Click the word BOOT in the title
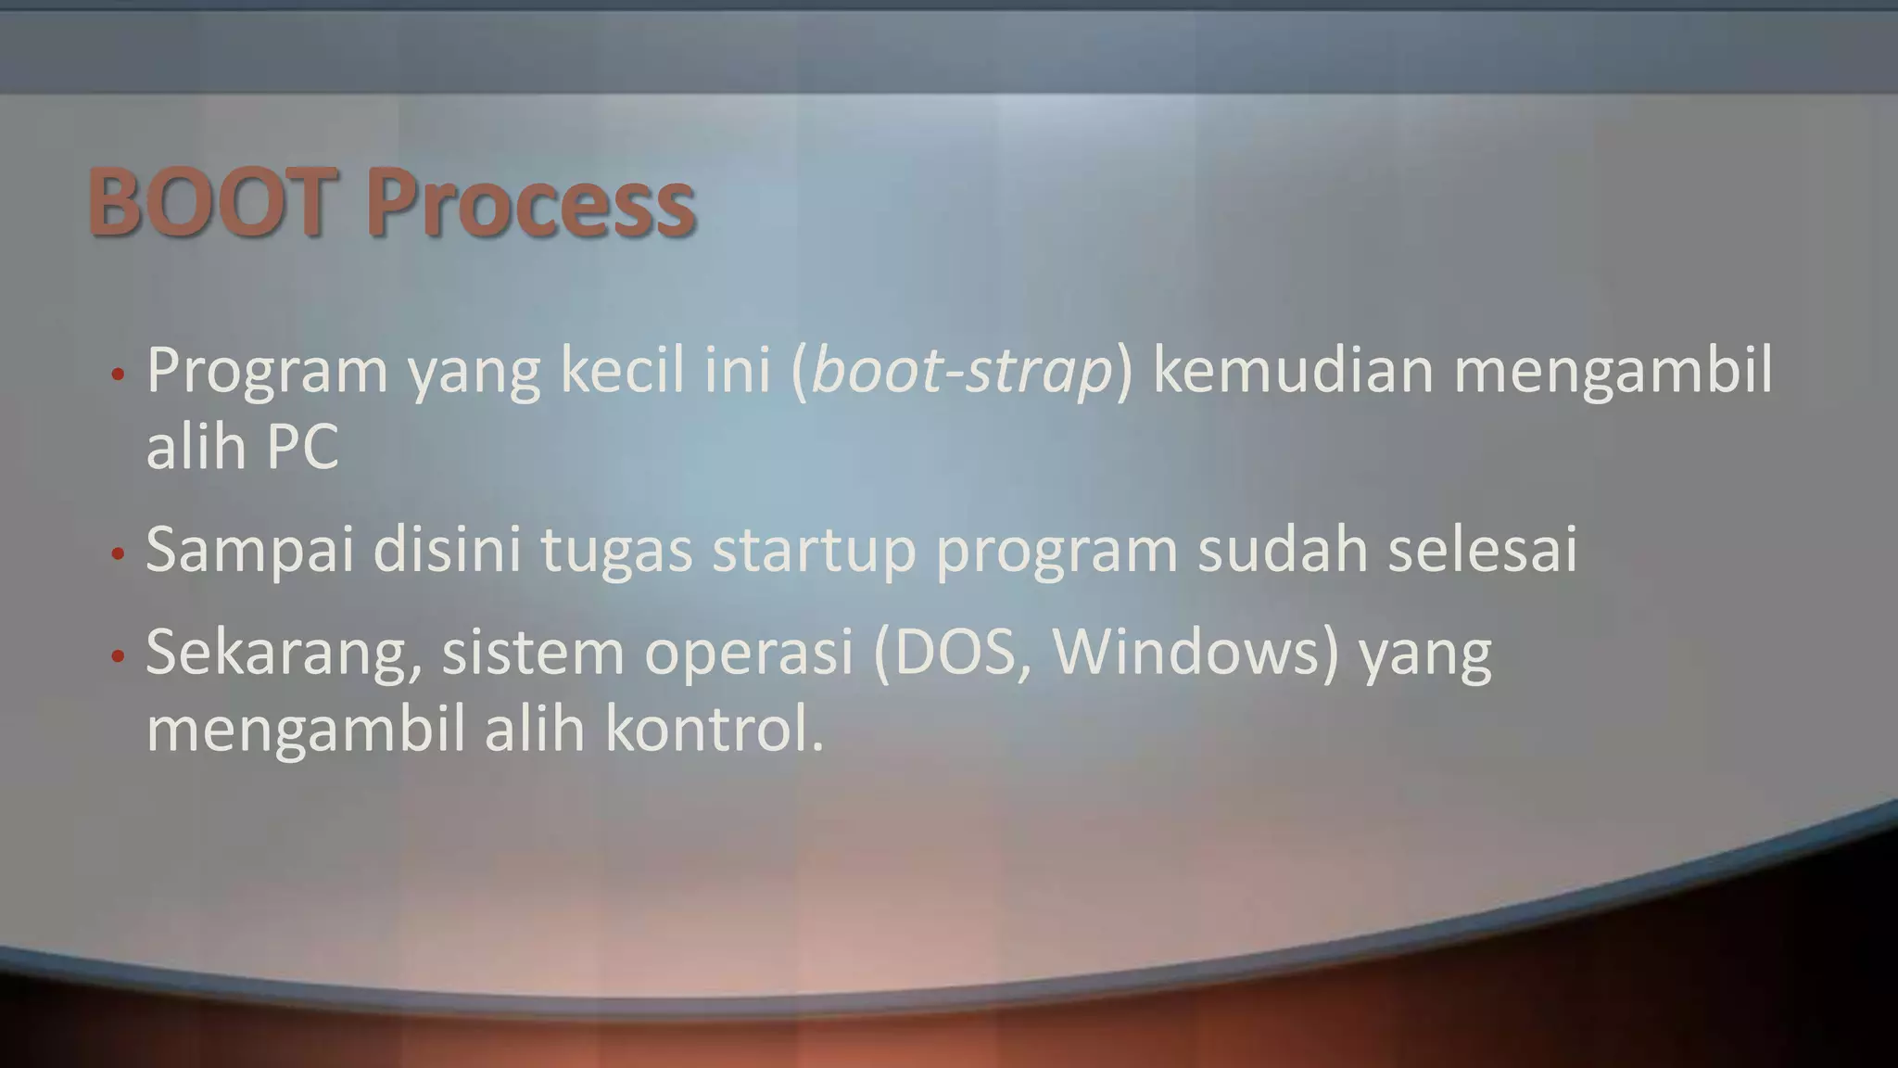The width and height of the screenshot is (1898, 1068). coord(209,201)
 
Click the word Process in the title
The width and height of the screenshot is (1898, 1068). coord(529,203)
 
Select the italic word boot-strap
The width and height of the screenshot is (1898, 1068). coord(961,371)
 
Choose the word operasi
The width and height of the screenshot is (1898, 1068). coord(747,652)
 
